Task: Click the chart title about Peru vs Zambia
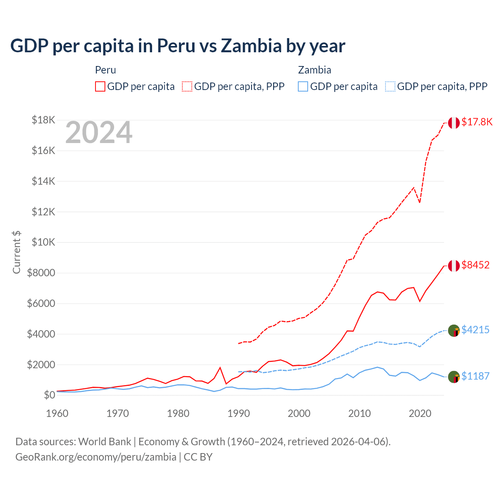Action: click(x=178, y=46)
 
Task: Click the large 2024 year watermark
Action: click(x=99, y=133)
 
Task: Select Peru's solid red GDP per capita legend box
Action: click(x=100, y=86)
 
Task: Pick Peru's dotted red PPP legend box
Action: click(x=187, y=86)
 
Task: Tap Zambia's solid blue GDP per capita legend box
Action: click(x=303, y=86)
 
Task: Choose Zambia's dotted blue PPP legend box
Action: click(x=390, y=86)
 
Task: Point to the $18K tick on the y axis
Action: click(x=43, y=120)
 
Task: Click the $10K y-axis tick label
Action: click(x=43, y=242)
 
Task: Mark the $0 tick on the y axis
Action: click(x=49, y=395)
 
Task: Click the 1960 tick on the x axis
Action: click(x=57, y=413)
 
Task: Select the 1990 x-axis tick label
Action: click(x=239, y=413)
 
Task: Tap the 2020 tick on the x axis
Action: click(x=420, y=413)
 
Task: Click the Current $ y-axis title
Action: click(x=17, y=252)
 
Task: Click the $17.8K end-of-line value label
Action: click(x=477, y=122)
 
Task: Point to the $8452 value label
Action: click(x=475, y=265)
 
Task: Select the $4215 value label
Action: click(x=475, y=330)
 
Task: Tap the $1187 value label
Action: click(x=475, y=376)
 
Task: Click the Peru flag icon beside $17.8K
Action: click(x=454, y=123)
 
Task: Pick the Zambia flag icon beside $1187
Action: click(x=454, y=377)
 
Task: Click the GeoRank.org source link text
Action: click(x=96, y=457)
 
